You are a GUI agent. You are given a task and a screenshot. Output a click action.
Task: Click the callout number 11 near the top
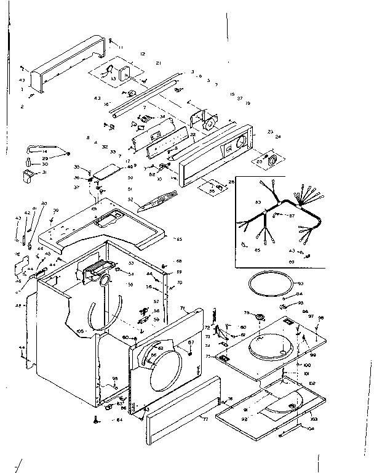pyautogui.click(x=121, y=47)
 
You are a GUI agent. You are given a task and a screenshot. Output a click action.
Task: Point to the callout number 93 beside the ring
pyautogui.click(x=301, y=283)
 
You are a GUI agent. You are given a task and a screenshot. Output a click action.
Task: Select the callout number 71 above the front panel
pyautogui.click(x=183, y=307)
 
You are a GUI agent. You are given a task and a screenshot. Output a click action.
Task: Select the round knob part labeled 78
pyautogui.click(x=260, y=318)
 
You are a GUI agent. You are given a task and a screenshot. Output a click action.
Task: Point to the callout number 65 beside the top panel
pyautogui.click(x=178, y=238)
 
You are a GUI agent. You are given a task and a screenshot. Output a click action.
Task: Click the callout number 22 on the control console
pyautogui.click(x=193, y=134)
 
